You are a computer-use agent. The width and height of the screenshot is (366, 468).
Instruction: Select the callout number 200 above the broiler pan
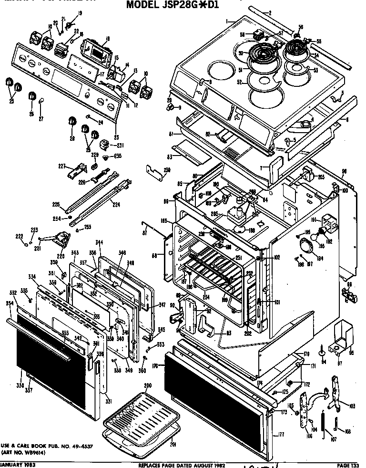[148, 385]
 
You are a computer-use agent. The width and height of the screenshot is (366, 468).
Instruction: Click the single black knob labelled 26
[31, 96]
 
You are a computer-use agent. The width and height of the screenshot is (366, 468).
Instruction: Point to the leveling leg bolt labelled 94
[322, 352]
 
